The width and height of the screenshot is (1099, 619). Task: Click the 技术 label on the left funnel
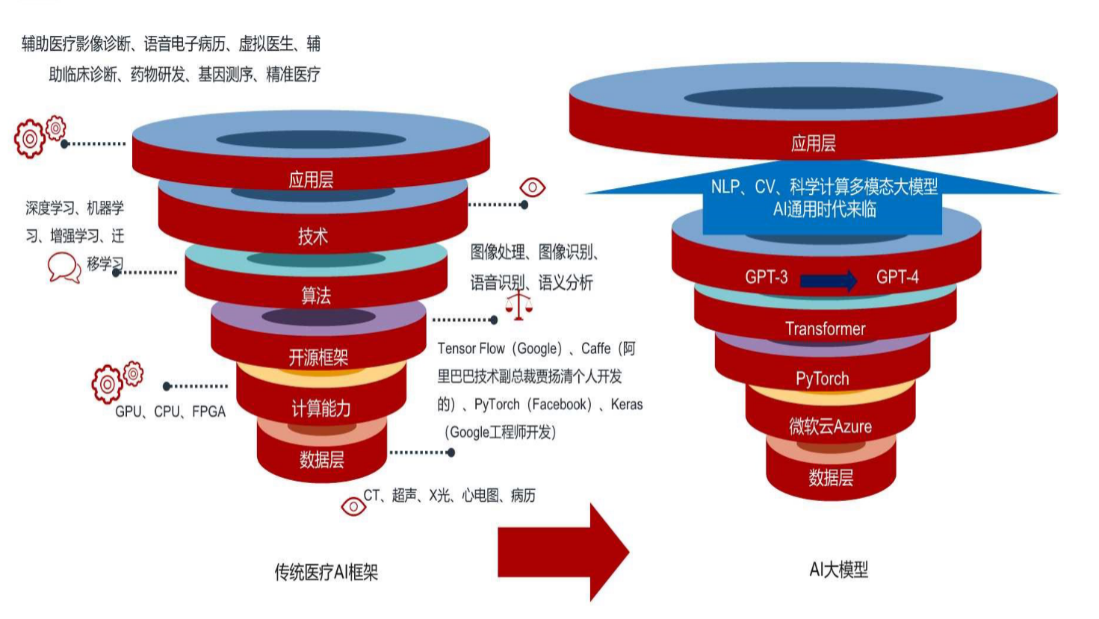pos(312,237)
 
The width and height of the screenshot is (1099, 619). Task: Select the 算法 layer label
pos(315,296)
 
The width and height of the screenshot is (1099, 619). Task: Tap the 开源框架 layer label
pos(318,358)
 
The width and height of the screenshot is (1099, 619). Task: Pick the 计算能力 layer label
pos(321,408)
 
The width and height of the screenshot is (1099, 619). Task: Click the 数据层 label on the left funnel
pos(321,459)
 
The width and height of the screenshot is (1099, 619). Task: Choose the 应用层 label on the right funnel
pos(813,143)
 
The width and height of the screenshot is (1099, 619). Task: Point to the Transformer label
pos(825,329)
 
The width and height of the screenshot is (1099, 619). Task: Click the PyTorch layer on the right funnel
pos(822,379)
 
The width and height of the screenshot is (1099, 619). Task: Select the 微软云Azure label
pos(830,426)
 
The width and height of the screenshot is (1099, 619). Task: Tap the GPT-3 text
pos(766,277)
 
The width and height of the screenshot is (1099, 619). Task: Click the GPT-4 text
pos(897,277)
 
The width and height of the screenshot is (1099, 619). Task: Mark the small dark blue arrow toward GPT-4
pos(829,281)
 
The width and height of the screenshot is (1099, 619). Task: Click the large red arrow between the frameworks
pos(563,552)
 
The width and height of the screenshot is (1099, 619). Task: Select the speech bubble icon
pos(64,267)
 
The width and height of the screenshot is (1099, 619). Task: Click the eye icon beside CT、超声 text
pos(353,506)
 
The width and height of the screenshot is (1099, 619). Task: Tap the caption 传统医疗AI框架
pos(326,572)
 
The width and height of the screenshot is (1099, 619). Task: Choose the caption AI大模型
pos(838,570)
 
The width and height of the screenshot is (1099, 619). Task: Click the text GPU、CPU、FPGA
pos(170,411)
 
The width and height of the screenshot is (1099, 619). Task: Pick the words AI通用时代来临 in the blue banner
pos(824,209)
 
